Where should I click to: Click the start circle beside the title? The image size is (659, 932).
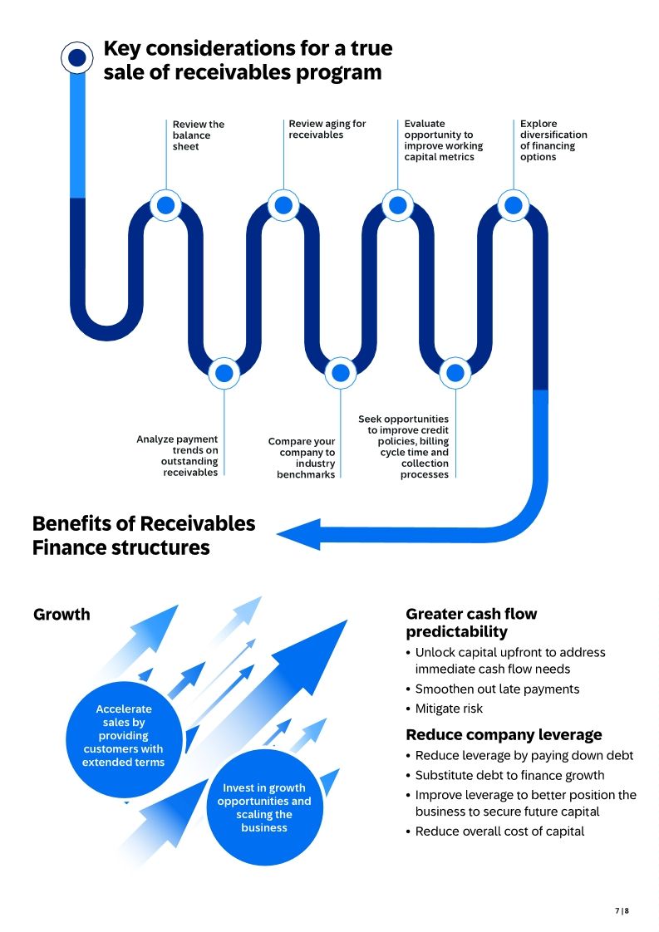77,57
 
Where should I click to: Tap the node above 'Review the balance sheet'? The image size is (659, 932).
165,204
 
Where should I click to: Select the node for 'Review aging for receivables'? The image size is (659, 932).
283,204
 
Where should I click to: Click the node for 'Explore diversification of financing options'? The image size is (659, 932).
514,204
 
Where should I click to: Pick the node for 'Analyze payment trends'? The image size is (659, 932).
224,373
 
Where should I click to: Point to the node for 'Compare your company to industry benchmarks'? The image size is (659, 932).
340,373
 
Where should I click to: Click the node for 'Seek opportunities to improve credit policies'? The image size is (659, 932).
455,373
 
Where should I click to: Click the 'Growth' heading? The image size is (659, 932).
61,615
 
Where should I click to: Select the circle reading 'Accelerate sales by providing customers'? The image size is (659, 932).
123,736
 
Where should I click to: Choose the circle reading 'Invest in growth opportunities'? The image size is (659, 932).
264,807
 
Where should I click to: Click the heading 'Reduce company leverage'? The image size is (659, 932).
504,735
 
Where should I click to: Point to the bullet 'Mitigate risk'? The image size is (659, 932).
449,709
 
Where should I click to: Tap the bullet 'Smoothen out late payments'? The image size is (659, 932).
497,689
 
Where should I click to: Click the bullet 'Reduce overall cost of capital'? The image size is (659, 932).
499,831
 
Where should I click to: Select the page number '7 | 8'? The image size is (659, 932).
622,910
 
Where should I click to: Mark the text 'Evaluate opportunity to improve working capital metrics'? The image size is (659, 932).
444,140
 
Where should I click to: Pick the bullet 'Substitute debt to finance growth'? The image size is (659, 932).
509,775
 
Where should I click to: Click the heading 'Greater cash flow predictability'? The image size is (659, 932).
471,623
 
